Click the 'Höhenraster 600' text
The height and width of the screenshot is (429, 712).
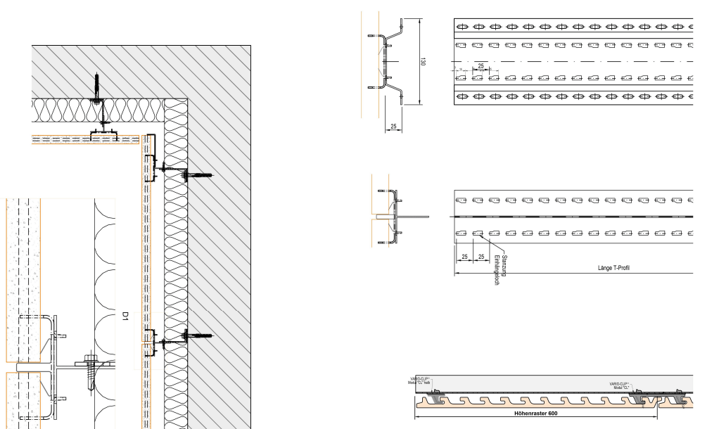535,413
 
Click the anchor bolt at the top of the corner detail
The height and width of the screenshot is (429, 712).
98,88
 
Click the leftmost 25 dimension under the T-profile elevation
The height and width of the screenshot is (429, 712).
464,256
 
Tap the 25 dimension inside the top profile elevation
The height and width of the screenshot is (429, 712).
481,65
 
